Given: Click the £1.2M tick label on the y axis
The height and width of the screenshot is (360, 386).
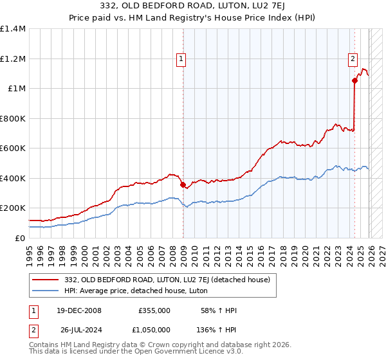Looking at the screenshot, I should tap(13, 59).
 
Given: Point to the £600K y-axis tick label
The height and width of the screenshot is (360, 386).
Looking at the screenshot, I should tap(13, 148).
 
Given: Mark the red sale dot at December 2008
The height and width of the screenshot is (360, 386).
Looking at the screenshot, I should tap(183, 185).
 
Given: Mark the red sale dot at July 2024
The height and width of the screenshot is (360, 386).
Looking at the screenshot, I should tap(354, 81).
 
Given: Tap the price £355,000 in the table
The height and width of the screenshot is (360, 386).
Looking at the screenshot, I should tap(154, 310).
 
